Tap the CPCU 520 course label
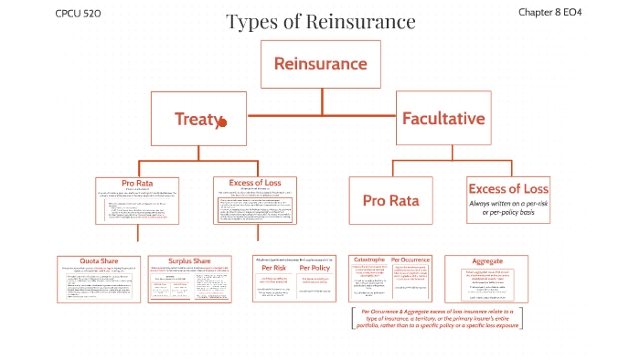tap(78, 13)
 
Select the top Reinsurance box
tap(320, 64)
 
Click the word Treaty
tap(196, 119)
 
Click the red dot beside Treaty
tap(222, 122)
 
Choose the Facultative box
tap(443, 119)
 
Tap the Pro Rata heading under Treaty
tap(139, 183)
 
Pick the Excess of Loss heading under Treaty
tap(254, 183)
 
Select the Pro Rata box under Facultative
tap(392, 200)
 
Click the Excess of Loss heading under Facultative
tap(507, 189)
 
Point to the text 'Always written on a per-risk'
tap(507, 204)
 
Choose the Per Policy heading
tap(315, 268)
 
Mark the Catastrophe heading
tap(368, 260)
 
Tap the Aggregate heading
tap(486, 260)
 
